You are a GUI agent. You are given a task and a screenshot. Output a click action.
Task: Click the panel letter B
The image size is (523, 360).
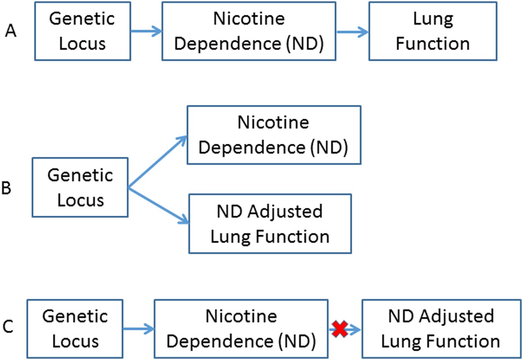[x=6, y=189]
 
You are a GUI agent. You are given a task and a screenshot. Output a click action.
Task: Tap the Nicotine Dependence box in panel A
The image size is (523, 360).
[x=249, y=31]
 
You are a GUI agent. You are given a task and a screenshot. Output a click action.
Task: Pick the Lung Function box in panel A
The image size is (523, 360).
[x=433, y=31]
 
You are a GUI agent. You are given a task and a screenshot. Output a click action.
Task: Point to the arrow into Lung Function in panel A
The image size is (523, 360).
[x=352, y=31]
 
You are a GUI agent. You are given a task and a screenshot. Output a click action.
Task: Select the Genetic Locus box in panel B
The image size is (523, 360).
[x=80, y=187]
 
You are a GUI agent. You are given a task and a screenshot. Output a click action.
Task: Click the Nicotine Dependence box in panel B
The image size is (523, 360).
[x=274, y=135]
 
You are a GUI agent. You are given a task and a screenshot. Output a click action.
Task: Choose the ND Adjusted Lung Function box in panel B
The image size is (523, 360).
[x=270, y=224]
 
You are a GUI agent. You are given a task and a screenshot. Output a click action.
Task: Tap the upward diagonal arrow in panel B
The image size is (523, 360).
[x=157, y=162]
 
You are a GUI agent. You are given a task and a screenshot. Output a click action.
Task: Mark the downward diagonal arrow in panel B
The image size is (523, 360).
[x=157, y=205]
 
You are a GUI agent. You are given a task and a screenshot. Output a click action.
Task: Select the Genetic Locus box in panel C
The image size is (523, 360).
[x=75, y=329]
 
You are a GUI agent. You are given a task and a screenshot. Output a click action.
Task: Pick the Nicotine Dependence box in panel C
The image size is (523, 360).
[x=241, y=329]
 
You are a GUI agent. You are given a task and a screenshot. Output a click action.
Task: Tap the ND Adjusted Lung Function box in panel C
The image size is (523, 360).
[x=441, y=329]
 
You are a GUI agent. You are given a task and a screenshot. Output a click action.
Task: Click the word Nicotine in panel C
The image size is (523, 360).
[x=241, y=316]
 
